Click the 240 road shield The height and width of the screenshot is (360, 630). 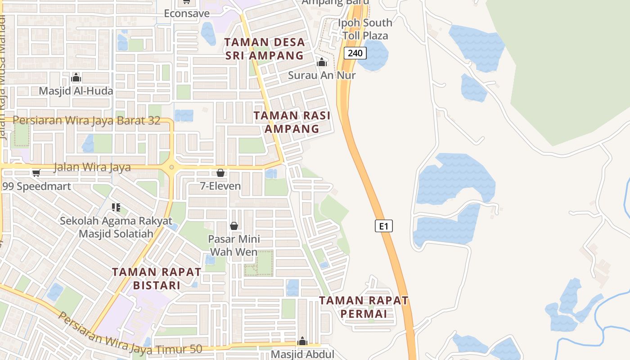[355, 53]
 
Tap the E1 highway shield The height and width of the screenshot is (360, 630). [383, 226]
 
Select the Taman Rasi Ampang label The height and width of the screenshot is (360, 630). [292, 122]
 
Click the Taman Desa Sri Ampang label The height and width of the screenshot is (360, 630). [265, 49]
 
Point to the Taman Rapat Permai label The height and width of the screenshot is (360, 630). [364, 307]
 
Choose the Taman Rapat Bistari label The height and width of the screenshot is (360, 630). [156, 279]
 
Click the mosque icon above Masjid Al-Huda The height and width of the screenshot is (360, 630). [76, 78]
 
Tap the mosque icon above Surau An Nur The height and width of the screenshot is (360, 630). [322, 62]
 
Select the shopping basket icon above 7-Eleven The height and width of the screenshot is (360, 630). [220, 173]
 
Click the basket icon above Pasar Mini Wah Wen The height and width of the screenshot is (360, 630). [234, 226]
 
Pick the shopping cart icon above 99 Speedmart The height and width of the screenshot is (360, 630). [36, 173]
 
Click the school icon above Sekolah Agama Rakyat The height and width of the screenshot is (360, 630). [116, 207]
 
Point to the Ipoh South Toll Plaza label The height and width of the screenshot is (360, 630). [365, 29]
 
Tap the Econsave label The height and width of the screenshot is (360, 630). [187, 13]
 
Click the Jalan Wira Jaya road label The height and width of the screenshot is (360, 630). [92, 167]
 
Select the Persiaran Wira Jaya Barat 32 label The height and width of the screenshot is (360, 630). [86, 121]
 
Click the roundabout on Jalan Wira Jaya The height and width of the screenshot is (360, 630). [171, 168]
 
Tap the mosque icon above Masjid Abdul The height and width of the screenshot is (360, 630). [302, 341]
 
